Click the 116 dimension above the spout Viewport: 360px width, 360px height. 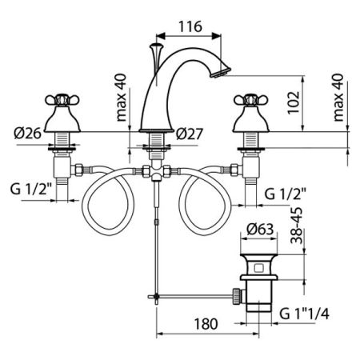click(x=189, y=26)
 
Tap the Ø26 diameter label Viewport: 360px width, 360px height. click(x=29, y=133)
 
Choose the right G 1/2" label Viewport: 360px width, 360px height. click(x=288, y=193)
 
